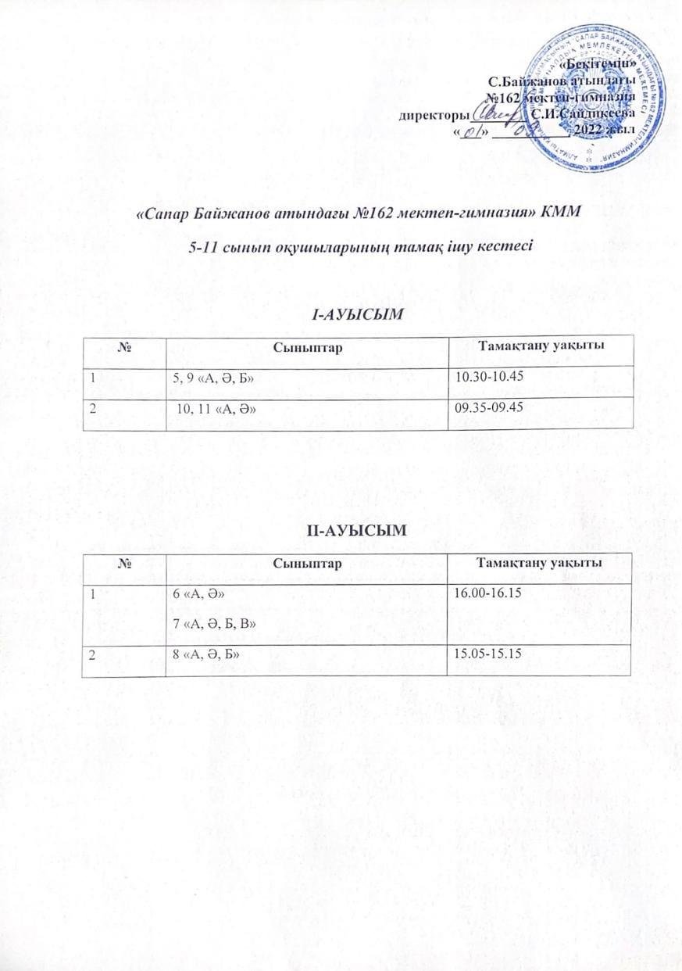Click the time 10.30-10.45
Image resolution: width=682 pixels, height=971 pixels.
488,378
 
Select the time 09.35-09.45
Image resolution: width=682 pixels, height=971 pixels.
489,407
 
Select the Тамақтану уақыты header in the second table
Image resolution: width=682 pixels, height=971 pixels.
538,564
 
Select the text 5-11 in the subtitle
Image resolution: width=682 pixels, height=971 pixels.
206,247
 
